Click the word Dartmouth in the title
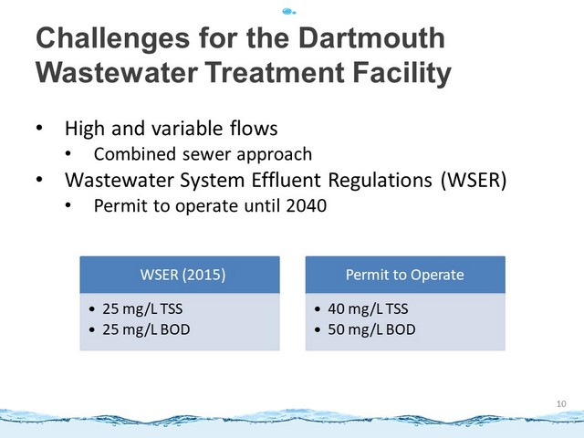pyautogui.click(x=371, y=38)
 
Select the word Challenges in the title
pyautogui.click(x=113, y=39)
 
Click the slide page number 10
pyautogui.click(x=561, y=403)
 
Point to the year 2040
pyautogui.click(x=307, y=205)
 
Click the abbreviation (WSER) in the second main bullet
pyautogui.click(x=474, y=181)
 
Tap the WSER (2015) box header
pyautogui.click(x=180, y=275)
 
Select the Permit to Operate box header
pyautogui.click(x=405, y=275)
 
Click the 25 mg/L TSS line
pyautogui.click(x=136, y=309)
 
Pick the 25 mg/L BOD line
pyautogui.click(x=140, y=329)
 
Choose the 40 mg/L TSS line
pyautogui.click(x=361, y=309)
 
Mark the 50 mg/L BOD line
pyautogui.click(x=365, y=329)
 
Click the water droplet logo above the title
pyautogui.click(x=289, y=12)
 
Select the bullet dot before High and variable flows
pyautogui.click(x=39, y=128)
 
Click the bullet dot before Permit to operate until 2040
pyautogui.click(x=68, y=204)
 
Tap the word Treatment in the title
pyautogui.click(x=275, y=72)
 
